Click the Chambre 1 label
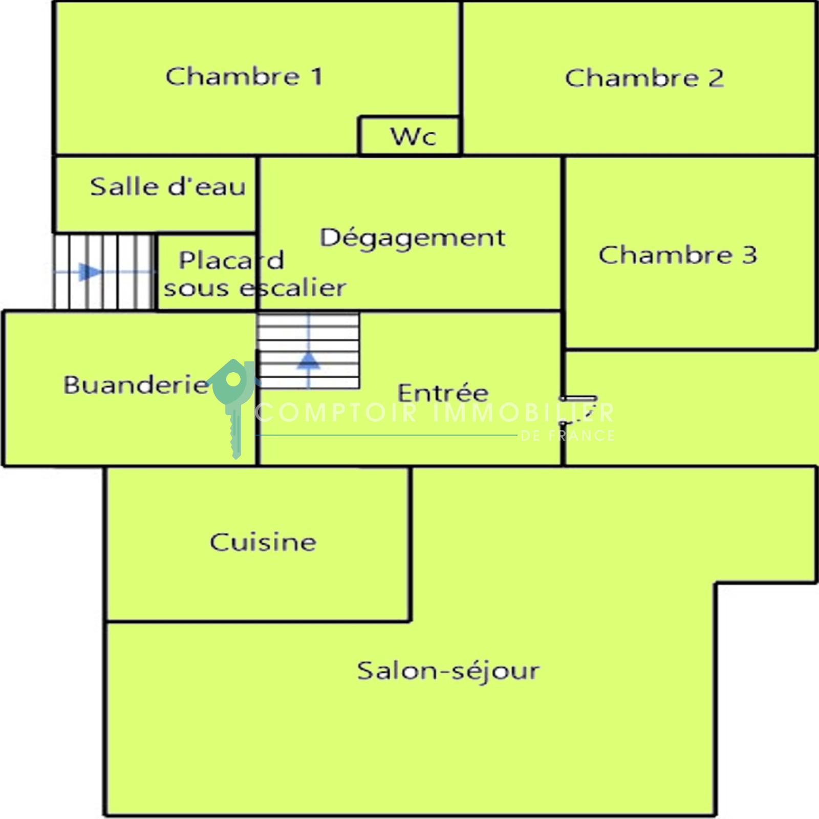pyautogui.click(x=244, y=77)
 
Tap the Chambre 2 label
pyautogui.click(x=644, y=78)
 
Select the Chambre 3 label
pyautogui.click(x=677, y=255)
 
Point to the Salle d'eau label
pyautogui.click(x=168, y=186)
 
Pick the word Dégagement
pyautogui.click(x=413, y=238)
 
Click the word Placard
pyautogui.click(x=231, y=260)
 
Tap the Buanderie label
pyautogui.click(x=136, y=385)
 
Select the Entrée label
pyautogui.click(x=443, y=393)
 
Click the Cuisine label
pyautogui.click(x=263, y=542)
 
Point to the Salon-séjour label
pyautogui.click(x=448, y=671)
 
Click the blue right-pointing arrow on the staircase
pyautogui.click(x=90, y=271)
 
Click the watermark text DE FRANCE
pyautogui.click(x=567, y=436)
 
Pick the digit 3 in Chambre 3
pyautogui.click(x=749, y=255)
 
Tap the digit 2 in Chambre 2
pyautogui.click(x=716, y=78)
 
